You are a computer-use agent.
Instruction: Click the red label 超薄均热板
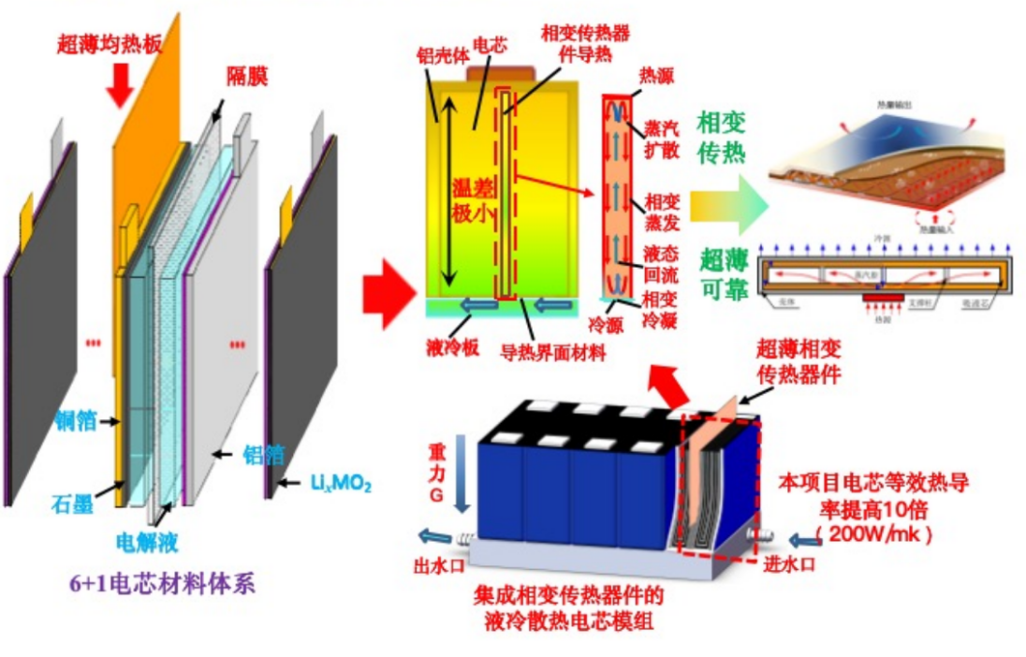(104, 43)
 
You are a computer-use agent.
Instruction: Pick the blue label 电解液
(146, 542)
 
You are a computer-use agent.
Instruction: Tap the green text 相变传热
(721, 137)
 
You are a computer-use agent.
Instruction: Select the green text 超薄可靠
(723, 274)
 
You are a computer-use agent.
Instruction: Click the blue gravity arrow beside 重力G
(461, 474)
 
